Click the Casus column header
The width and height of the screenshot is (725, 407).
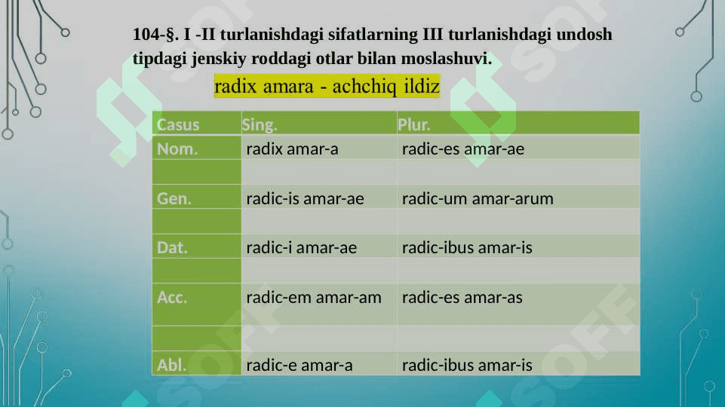(x=178, y=124)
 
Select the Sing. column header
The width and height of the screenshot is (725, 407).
(x=260, y=124)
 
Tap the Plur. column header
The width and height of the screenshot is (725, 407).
(x=414, y=124)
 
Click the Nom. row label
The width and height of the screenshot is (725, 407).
(x=177, y=148)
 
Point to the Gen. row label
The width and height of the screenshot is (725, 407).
(x=174, y=199)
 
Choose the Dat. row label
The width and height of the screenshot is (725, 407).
(x=172, y=248)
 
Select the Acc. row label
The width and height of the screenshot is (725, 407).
(x=172, y=298)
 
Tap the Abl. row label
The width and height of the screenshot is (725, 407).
(x=171, y=365)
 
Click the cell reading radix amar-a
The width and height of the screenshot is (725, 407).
(x=292, y=148)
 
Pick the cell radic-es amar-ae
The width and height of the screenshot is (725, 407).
(x=463, y=148)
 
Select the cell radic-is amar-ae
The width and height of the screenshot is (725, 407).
(x=306, y=199)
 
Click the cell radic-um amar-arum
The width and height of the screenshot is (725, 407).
(x=478, y=199)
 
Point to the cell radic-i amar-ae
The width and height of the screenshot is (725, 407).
(x=302, y=248)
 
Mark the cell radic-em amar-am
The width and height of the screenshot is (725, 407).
(x=314, y=298)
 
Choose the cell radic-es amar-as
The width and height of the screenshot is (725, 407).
(x=462, y=298)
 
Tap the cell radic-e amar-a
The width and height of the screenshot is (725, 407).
(x=300, y=365)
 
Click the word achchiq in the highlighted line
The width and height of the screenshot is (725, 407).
(x=364, y=87)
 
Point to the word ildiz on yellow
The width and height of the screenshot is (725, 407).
(x=422, y=87)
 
